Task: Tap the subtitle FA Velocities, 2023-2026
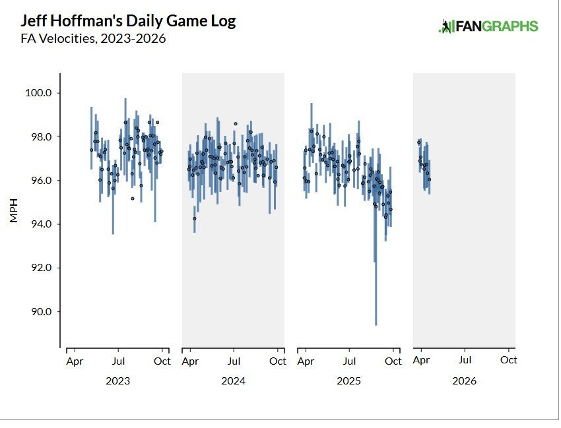pyautogui.click(x=93, y=39)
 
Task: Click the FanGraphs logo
pyautogui.click(x=488, y=26)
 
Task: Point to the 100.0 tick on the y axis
pyautogui.click(x=38, y=93)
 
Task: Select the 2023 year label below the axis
pyautogui.click(x=117, y=381)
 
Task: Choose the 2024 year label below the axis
pyautogui.click(x=233, y=381)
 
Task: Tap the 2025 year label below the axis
pyautogui.click(x=348, y=381)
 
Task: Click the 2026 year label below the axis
pyautogui.click(x=464, y=381)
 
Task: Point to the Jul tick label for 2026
pyautogui.click(x=465, y=361)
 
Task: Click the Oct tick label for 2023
pyautogui.click(x=162, y=361)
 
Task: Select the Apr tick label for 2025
pyautogui.click(x=306, y=361)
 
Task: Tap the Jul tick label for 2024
pyautogui.click(x=234, y=361)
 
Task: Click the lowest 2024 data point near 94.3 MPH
pyautogui.click(x=194, y=218)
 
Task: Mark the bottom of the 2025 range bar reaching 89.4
pyautogui.click(x=376, y=324)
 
